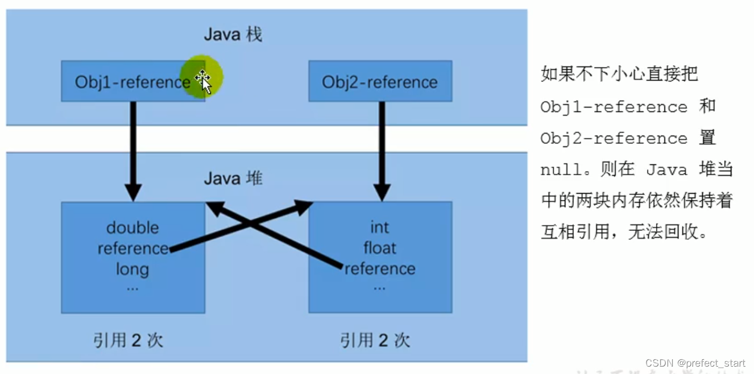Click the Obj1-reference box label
pos(132,82)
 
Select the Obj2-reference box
pos(380,82)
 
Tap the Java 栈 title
pos(233,35)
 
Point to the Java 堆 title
pos(233,178)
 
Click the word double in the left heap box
pos(132,228)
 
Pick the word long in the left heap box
pos(132,268)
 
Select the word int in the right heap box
pos(379,228)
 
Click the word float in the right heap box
pos(379,248)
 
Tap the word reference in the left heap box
pos(132,248)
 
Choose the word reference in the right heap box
pos(380,268)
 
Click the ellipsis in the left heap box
pos(132,287)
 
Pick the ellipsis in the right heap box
pos(379,287)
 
